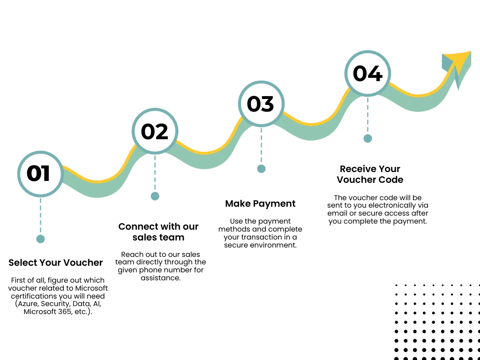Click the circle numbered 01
[40, 174]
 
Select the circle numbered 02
[155, 132]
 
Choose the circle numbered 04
[368, 74]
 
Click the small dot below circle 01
[40, 239]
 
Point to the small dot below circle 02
[155, 196]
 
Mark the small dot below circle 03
[262, 169]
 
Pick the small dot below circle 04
[367, 139]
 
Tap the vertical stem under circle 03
[261, 145]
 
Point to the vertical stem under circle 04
[367, 115]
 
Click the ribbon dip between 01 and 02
[97, 187]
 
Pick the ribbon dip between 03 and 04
[311, 131]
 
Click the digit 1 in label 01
[46, 174]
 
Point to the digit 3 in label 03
[267, 104]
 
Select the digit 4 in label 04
[375, 74]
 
